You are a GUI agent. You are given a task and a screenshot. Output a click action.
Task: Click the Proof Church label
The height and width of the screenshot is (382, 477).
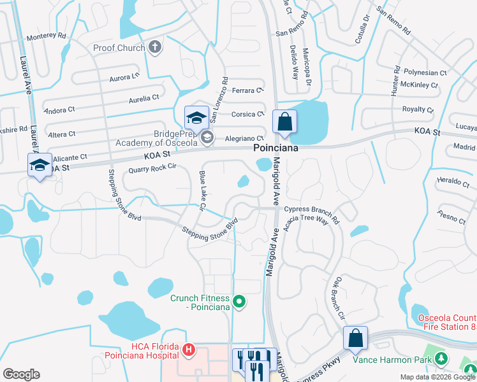click(x=119, y=48)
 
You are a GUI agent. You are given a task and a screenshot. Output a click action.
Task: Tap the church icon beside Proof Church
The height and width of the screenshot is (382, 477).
click(x=154, y=47)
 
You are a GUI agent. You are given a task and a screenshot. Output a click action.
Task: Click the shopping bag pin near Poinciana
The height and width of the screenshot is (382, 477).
click(x=284, y=122)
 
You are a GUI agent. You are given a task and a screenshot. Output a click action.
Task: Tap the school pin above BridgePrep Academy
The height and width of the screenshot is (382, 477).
click(x=197, y=117)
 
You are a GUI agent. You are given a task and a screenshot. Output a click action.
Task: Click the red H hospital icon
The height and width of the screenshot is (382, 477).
click(x=188, y=350)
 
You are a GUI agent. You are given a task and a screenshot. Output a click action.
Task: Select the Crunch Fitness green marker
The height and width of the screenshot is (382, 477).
click(x=239, y=302)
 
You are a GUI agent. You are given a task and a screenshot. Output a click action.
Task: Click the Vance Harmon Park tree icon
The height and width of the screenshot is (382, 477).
click(x=441, y=360)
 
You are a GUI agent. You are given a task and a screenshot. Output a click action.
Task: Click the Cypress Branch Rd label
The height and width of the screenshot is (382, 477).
click(x=312, y=209)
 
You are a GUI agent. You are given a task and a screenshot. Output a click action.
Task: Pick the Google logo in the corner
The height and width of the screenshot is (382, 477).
click(x=21, y=374)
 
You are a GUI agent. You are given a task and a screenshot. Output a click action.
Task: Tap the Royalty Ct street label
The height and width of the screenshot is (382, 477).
click(x=418, y=110)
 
